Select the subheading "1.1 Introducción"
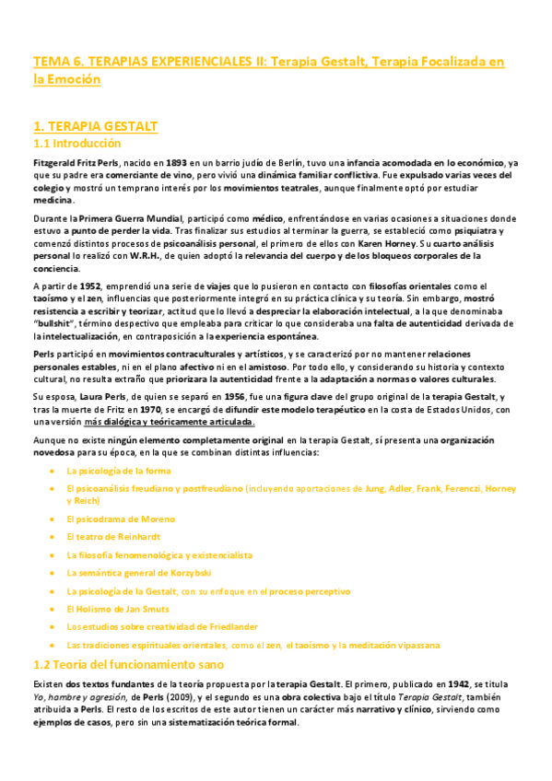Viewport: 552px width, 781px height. (76, 144)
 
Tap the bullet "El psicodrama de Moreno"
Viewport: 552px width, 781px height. (108, 519)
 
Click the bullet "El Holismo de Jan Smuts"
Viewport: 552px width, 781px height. (109, 609)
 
